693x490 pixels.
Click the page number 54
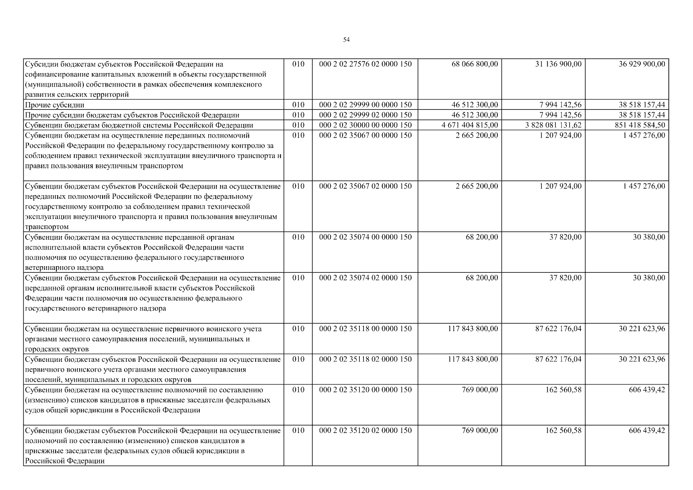(346, 40)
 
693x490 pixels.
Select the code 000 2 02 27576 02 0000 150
(365, 64)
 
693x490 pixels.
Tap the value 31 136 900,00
(558, 64)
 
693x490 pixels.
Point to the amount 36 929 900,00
(642, 64)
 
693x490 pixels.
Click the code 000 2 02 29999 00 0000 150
(365, 105)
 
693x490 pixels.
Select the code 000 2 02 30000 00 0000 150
(365, 125)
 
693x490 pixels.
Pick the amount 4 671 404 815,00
(470, 125)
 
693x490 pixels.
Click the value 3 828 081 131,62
(553, 125)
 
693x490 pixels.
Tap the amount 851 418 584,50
(640, 125)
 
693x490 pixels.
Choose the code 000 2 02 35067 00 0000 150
(365, 136)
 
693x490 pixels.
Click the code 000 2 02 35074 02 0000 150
(365, 278)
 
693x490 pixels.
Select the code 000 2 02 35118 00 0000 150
(365, 329)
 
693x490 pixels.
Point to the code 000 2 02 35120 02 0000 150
(365, 430)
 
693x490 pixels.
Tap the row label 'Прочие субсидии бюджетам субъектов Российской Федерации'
(132, 115)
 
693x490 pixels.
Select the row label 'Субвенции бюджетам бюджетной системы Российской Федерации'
(139, 125)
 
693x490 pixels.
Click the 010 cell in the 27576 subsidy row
(299, 64)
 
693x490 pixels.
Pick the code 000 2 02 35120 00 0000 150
(365, 390)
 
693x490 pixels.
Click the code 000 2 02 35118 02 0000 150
(365, 359)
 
